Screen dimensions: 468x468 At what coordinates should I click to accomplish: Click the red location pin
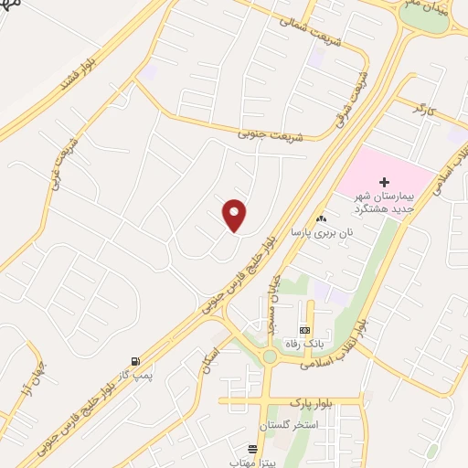[235, 216]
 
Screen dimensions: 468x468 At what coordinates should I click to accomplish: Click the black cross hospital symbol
[384, 183]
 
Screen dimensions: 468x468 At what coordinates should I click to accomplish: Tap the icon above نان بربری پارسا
[321, 219]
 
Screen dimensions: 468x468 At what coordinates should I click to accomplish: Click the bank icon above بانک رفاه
[305, 329]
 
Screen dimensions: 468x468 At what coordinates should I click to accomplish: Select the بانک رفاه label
[305, 343]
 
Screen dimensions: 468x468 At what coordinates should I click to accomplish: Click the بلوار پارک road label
[311, 402]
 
